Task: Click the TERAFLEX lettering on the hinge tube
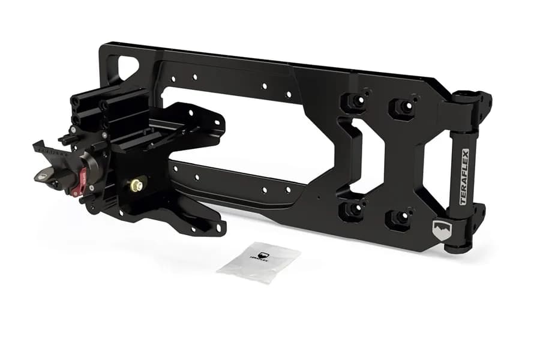tap(464, 177)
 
